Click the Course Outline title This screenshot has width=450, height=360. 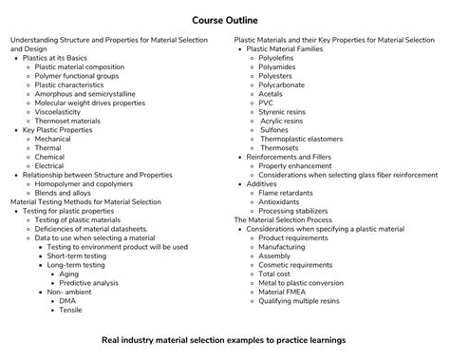[225, 19]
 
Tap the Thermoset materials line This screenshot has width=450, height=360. [71, 122]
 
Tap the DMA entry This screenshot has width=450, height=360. [67, 300]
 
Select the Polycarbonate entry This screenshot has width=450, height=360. [285, 85]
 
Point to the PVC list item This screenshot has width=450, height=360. [268, 104]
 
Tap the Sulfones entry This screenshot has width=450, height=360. [278, 130]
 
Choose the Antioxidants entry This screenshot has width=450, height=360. [284, 201]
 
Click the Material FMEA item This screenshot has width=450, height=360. [287, 291]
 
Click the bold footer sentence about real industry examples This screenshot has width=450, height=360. [224, 339]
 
